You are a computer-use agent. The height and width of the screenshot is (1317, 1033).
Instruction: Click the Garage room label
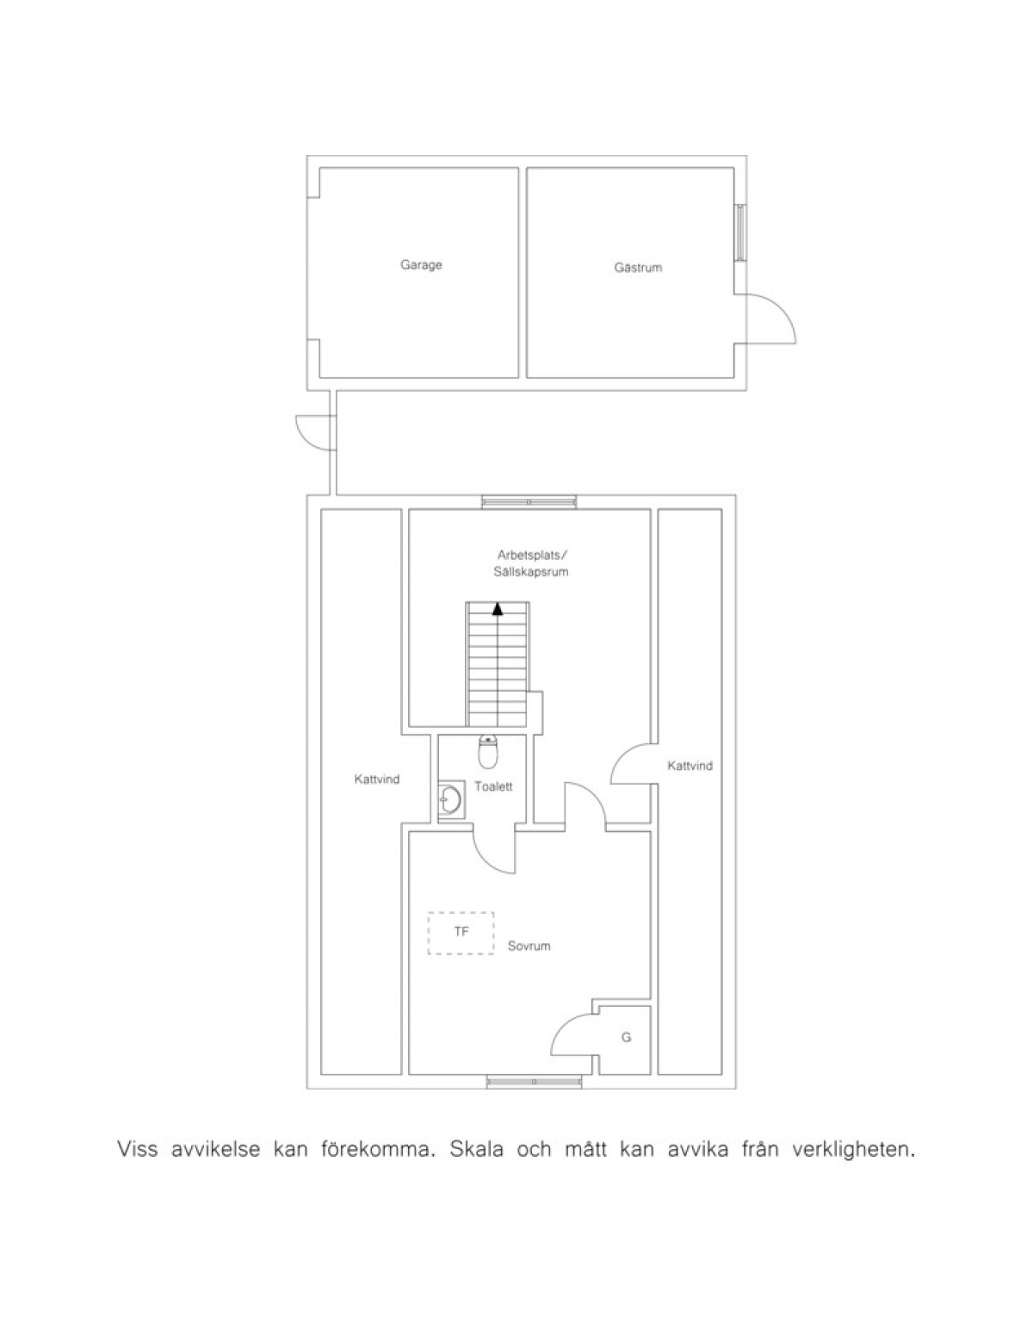pos(421,265)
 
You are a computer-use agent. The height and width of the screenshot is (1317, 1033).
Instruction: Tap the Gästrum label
pos(638,267)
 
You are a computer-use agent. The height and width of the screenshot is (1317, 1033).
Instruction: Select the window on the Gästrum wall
pos(740,233)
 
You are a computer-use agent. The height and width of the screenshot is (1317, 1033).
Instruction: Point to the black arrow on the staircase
pos(498,608)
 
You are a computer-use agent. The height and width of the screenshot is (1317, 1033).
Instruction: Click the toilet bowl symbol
pos(487,751)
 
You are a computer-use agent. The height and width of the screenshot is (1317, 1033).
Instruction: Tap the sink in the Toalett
pos(450,800)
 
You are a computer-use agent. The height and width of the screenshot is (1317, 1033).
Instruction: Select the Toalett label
pos(493,786)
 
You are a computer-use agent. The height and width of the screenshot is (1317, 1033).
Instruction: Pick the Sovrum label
pos(529,946)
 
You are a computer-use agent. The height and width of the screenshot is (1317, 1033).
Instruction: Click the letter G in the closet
pos(626,1038)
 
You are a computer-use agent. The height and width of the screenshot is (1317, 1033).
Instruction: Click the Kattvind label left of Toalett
pos(377,780)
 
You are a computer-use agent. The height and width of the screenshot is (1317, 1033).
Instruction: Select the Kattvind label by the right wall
pos(690,766)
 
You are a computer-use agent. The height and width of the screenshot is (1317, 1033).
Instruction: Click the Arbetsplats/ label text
pos(532,556)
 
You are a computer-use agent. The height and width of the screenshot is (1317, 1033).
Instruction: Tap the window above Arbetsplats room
pos(529,502)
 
